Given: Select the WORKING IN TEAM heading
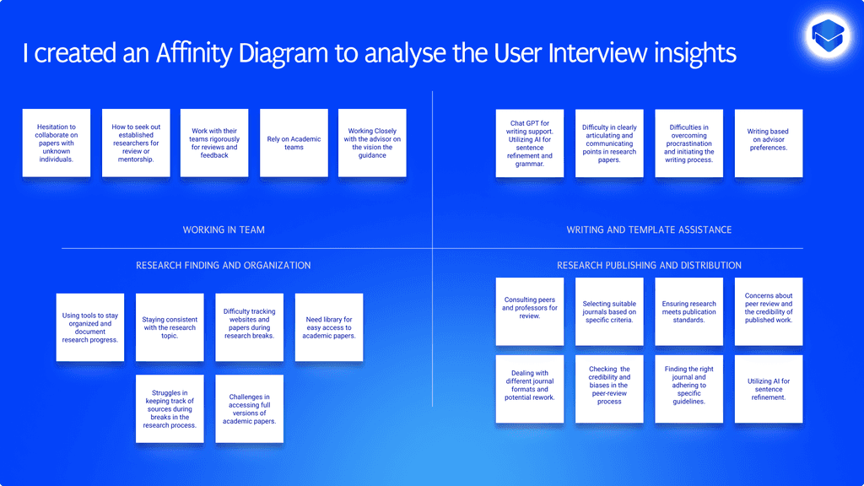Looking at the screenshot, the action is (224, 229).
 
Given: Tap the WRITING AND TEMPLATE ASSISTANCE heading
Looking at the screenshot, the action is (649, 229).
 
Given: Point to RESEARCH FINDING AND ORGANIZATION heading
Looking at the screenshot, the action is (224, 265).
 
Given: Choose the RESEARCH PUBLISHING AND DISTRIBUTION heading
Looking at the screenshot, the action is (649, 265).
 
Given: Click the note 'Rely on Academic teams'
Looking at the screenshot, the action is (294, 143).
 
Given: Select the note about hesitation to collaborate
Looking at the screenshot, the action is (56, 143).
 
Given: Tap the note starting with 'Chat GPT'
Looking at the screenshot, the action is (529, 143).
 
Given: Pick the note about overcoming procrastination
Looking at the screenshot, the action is (688, 143).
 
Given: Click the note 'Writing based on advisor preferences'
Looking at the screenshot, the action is (768, 143).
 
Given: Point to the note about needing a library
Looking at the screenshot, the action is (329, 327).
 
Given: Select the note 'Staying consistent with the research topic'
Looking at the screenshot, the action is (170, 327).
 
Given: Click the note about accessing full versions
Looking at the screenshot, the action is (249, 408).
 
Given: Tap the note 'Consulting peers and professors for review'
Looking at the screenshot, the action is (529, 310).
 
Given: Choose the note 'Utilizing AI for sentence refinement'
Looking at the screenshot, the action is (768, 388).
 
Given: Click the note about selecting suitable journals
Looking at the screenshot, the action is (609, 310).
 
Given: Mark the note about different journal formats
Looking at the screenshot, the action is (529, 388).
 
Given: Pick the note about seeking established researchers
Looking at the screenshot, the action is (136, 143).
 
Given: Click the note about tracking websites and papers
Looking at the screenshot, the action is (249, 327).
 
